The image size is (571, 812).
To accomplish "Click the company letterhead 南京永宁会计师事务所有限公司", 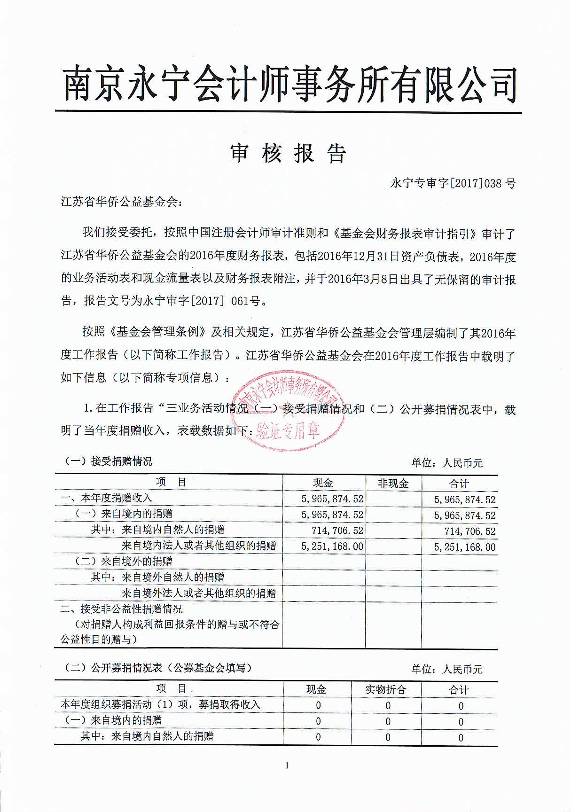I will tap(289, 85).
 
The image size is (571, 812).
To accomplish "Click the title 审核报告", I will tap(289, 153).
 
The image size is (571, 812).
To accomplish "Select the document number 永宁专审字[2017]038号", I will tap(453, 183).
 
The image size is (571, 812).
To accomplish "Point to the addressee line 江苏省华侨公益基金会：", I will tap(121, 203).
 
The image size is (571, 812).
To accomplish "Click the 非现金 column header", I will tap(393, 484).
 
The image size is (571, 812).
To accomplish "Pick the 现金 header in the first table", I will tap(323, 484).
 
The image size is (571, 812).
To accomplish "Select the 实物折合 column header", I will tap(386, 690).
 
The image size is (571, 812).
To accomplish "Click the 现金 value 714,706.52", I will tap(337, 531).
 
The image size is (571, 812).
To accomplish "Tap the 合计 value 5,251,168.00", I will tap(465, 547).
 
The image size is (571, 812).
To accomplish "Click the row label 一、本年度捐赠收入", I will tap(106, 498).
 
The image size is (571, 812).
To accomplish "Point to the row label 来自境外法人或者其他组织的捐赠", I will tap(198, 593).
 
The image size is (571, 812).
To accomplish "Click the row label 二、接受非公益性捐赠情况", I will tap(122, 609).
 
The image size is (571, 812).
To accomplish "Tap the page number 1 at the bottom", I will tap(287, 766).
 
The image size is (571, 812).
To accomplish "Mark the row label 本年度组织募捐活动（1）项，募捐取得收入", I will tap(160, 705).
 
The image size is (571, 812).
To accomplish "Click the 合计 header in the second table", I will tap(459, 690).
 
